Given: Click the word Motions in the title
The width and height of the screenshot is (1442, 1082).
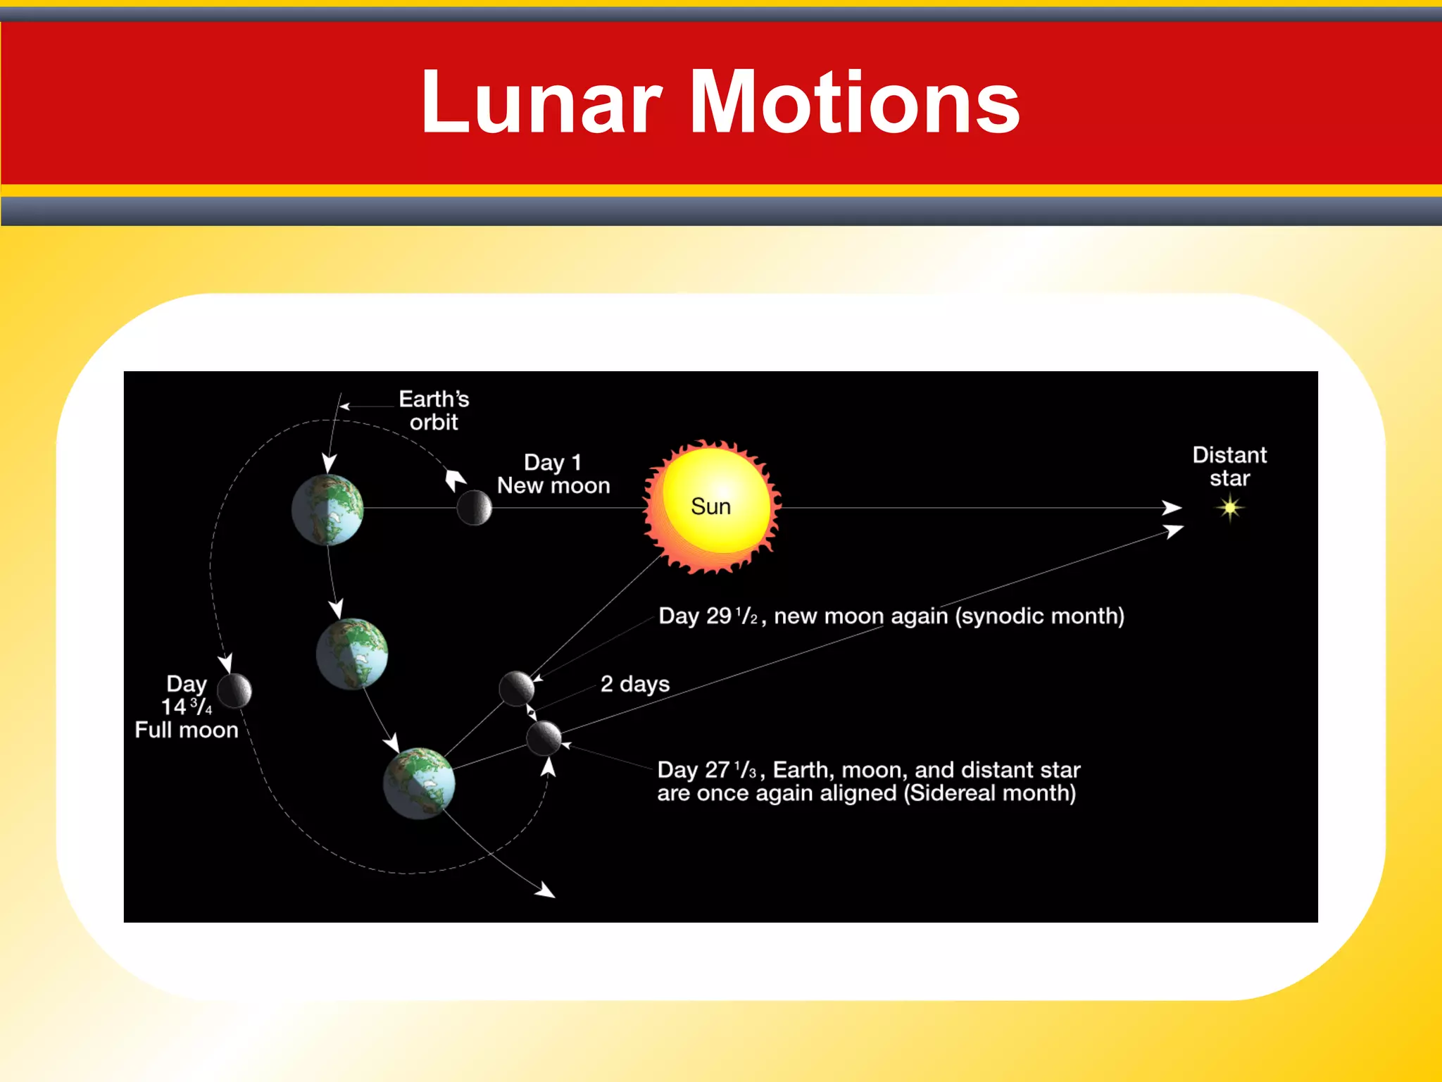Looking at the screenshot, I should [x=855, y=103].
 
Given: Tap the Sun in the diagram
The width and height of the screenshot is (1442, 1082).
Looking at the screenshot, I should [x=711, y=506].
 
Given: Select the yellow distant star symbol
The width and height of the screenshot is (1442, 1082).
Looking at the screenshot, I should [x=1230, y=507].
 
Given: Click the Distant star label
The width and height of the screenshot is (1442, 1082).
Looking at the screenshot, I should [x=1229, y=466].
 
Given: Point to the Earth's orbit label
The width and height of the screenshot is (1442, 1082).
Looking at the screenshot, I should [x=434, y=411].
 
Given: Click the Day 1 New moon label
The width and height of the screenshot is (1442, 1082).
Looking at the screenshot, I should [x=553, y=474].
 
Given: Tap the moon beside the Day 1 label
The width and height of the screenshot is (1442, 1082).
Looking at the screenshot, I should [x=474, y=507].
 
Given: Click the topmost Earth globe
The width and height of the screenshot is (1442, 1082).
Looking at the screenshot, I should [x=327, y=509].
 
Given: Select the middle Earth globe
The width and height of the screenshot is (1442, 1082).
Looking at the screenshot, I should [x=352, y=654].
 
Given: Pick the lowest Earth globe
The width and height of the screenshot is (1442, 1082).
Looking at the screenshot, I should [x=419, y=783].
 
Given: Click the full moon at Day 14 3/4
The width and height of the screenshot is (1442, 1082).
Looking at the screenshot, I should [x=234, y=690].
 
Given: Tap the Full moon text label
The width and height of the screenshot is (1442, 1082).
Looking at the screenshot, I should [x=187, y=730].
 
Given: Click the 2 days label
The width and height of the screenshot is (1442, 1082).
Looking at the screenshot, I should [x=634, y=684].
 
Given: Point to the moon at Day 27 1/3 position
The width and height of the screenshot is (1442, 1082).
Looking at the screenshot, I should [x=544, y=738].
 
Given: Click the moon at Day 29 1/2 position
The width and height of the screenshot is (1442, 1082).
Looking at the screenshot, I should [x=516, y=688].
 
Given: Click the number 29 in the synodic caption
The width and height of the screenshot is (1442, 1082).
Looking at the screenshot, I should [x=719, y=616].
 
